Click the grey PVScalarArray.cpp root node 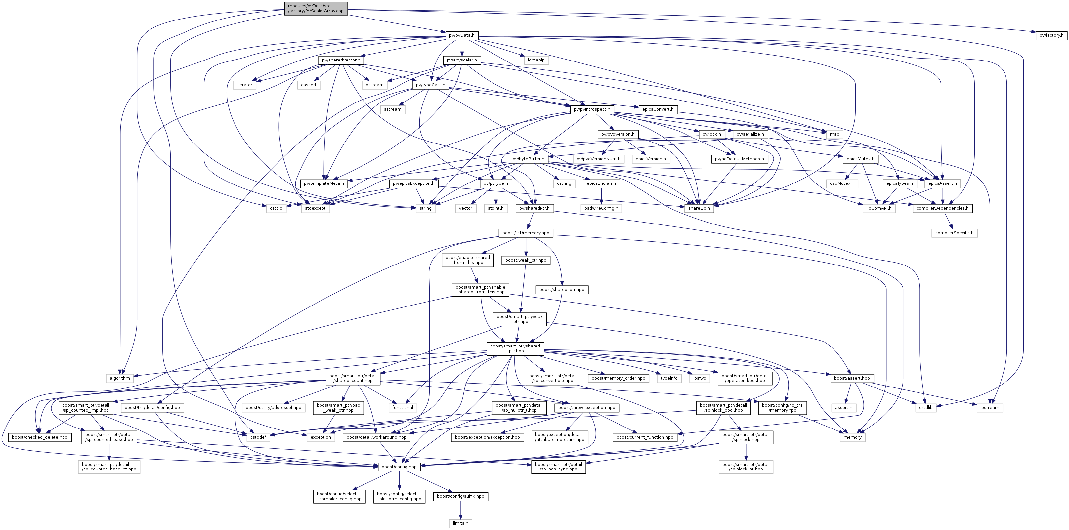click(316, 8)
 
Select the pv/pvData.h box click(461, 35)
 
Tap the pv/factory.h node click(1051, 35)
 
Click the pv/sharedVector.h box click(341, 60)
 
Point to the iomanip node click(536, 60)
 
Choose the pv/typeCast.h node click(430, 85)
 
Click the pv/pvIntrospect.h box click(592, 109)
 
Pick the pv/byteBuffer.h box click(528, 159)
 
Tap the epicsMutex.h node click(860, 159)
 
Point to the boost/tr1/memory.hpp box click(526, 233)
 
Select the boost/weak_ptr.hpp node click(526, 260)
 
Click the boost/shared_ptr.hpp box click(562, 290)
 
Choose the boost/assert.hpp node click(852, 378)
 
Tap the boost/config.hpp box click(399, 467)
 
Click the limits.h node click(461, 523)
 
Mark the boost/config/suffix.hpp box click(461, 496)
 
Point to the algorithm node click(120, 378)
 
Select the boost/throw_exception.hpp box click(587, 408)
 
